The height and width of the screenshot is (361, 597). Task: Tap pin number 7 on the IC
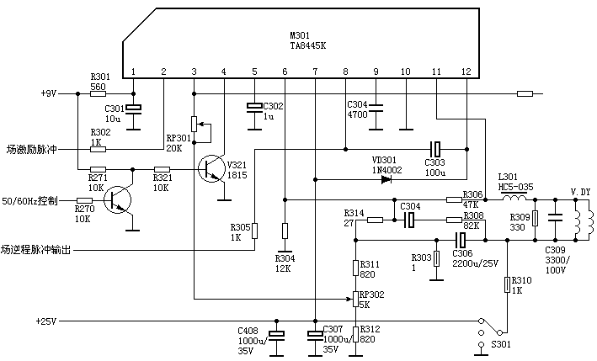coord(315,72)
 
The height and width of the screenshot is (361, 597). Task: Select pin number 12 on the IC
coord(466,72)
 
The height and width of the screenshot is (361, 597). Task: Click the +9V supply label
coord(47,93)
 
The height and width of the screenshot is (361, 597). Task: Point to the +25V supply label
coord(47,321)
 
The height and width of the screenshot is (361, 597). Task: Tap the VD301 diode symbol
coord(386,178)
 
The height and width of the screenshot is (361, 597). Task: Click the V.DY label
coord(580,192)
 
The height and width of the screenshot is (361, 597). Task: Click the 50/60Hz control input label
coord(29,201)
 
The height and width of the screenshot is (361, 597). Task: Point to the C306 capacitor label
coord(463,252)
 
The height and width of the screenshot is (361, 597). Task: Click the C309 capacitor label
coord(556,249)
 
